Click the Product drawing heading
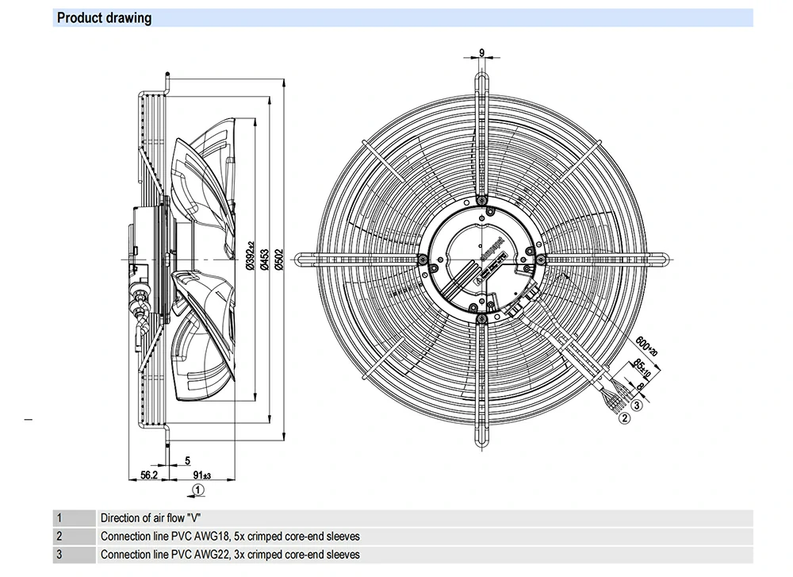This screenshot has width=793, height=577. pyautogui.click(x=105, y=17)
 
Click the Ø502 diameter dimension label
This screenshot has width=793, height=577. pyautogui.click(x=278, y=258)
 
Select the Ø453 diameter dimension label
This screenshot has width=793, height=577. pyautogui.click(x=264, y=258)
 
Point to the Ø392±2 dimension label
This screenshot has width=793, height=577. pyautogui.click(x=249, y=258)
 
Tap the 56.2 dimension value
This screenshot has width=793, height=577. pyautogui.click(x=150, y=475)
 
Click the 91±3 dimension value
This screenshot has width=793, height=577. pyautogui.click(x=201, y=475)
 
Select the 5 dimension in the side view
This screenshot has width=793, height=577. pyautogui.click(x=187, y=460)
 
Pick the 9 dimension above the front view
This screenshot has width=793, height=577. pyautogui.click(x=482, y=53)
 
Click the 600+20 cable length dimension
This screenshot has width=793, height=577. pyautogui.click(x=647, y=345)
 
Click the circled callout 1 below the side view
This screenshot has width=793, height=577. pyautogui.click(x=198, y=490)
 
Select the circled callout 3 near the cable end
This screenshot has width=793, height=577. pyautogui.click(x=637, y=406)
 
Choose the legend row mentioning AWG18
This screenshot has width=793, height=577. pyautogui.click(x=230, y=537)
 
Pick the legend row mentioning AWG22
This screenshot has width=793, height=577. pyautogui.click(x=230, y=555)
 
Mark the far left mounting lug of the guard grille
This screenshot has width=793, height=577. pyautogui.click(x=302, y=259)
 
